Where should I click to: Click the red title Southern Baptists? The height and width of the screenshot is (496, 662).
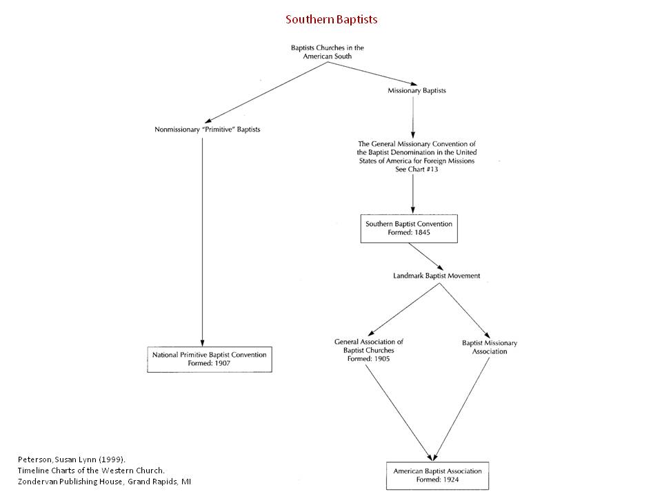(332, 19)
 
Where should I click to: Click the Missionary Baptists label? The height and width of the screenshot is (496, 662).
(417, 91)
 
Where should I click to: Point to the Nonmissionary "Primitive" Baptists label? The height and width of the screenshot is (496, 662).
(208, 130)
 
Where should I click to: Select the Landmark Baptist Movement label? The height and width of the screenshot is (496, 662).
(437, 276)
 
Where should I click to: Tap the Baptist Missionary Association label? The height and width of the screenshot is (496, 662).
(490, 347)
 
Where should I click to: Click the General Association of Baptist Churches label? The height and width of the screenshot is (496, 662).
(368, 350)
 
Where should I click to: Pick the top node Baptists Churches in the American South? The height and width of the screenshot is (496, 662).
(327, 52)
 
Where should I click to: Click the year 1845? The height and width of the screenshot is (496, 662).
(422, 232)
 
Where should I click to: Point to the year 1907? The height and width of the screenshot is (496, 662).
(223, 363)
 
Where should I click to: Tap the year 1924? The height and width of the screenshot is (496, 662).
(451, 479)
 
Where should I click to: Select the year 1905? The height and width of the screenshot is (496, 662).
(381, 359)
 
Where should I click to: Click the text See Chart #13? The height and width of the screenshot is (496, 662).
(417, 169)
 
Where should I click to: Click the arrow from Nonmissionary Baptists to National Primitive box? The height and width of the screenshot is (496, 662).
(202, 242)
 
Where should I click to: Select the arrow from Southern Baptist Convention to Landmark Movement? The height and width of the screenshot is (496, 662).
(426, 257)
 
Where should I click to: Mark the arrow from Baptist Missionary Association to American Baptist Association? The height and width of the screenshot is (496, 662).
(461, 409)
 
